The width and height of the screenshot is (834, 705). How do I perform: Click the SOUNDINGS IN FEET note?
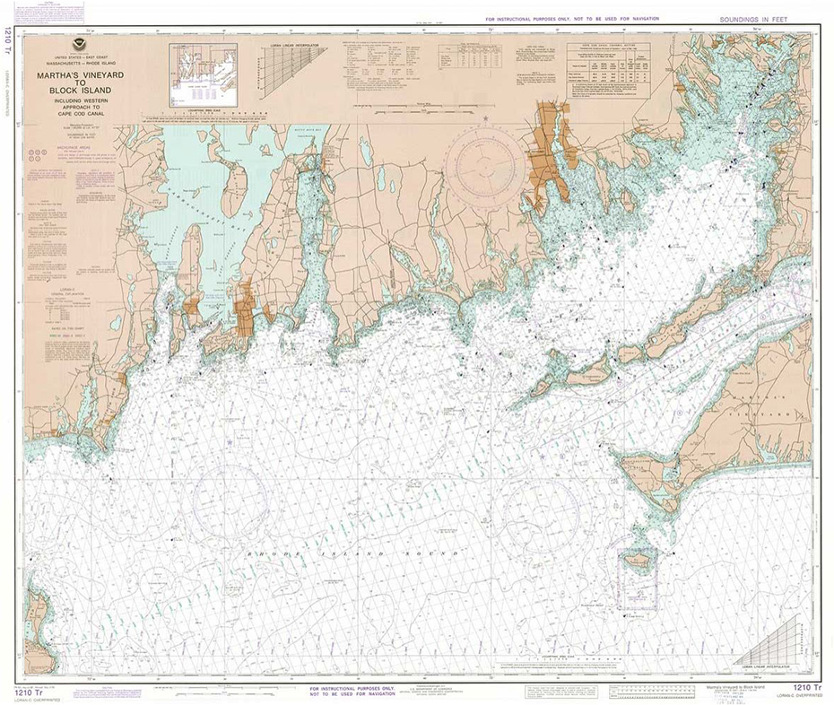[x=756, y=19]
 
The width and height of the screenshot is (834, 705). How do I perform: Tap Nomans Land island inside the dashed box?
[x=638, y=565]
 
